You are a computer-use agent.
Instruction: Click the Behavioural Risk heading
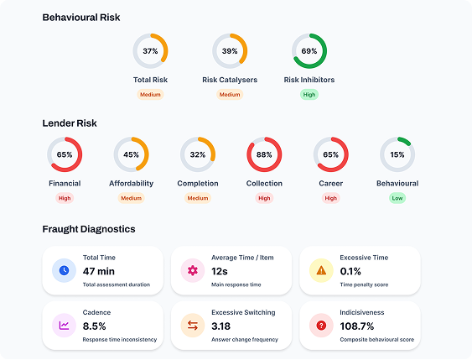click(x=81, y=18)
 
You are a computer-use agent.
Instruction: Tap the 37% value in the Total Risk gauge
click(x=150, y=51)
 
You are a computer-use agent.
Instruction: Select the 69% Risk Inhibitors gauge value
click(x=309, y=51)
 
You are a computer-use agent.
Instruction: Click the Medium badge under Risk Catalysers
click(x=230, y=95)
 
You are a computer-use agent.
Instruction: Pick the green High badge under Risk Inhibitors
click(x=309, y=95)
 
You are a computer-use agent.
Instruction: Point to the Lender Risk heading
click(x=70, y=123)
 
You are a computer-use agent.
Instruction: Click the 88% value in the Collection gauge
click(x=264, y=155)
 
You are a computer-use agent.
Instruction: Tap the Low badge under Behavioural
click(x=397, y=198)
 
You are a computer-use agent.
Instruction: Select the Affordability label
click(x=131, y=184)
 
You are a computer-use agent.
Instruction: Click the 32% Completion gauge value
click(x=198, y=155)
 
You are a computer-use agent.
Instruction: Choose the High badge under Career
click(x=331, y=198)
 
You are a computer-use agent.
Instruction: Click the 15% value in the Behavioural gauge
click(x=397, y=155)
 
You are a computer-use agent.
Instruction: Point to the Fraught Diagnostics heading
click(x=89, y=229)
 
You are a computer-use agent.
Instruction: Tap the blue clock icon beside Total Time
click(x=64, y=270)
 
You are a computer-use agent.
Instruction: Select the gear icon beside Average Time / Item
click(x=193, y=270)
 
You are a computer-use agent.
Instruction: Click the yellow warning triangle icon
click(x=321, y=270)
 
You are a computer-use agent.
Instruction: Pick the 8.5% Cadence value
click(x=95, y=326)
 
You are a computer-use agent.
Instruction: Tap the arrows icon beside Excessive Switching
click(x=193, y=325)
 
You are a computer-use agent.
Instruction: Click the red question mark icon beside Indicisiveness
click(x=321, y=325)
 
